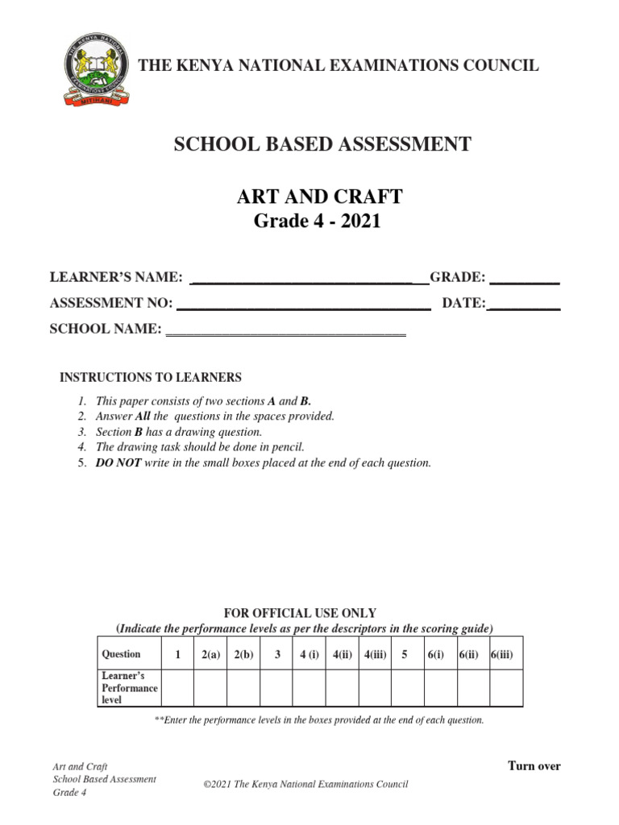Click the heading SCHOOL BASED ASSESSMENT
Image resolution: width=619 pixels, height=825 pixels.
click(x=323, y=145)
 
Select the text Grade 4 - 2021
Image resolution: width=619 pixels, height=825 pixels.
click(x=317, y=222)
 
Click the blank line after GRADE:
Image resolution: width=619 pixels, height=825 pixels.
click(x=525, y=281)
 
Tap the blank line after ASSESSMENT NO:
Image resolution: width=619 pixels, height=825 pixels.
click(x=303, y=306)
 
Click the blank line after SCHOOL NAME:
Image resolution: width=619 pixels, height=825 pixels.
click(x=285, y=332)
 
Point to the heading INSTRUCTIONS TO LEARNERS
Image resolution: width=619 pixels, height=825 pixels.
click(x=152, y=377)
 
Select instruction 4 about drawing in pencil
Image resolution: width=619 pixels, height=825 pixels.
click(x=200, y=447)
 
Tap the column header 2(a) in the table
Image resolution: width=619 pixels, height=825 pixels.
click(x=210, y=655)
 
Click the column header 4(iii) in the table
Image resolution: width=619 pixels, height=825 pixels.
click(x=375, y=655)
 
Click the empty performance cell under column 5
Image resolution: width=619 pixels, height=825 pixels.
click(x=407, y=687)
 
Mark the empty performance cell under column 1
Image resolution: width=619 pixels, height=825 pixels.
click(x=177, y=687)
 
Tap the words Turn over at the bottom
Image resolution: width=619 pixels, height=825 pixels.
click(x=534, y=765)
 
